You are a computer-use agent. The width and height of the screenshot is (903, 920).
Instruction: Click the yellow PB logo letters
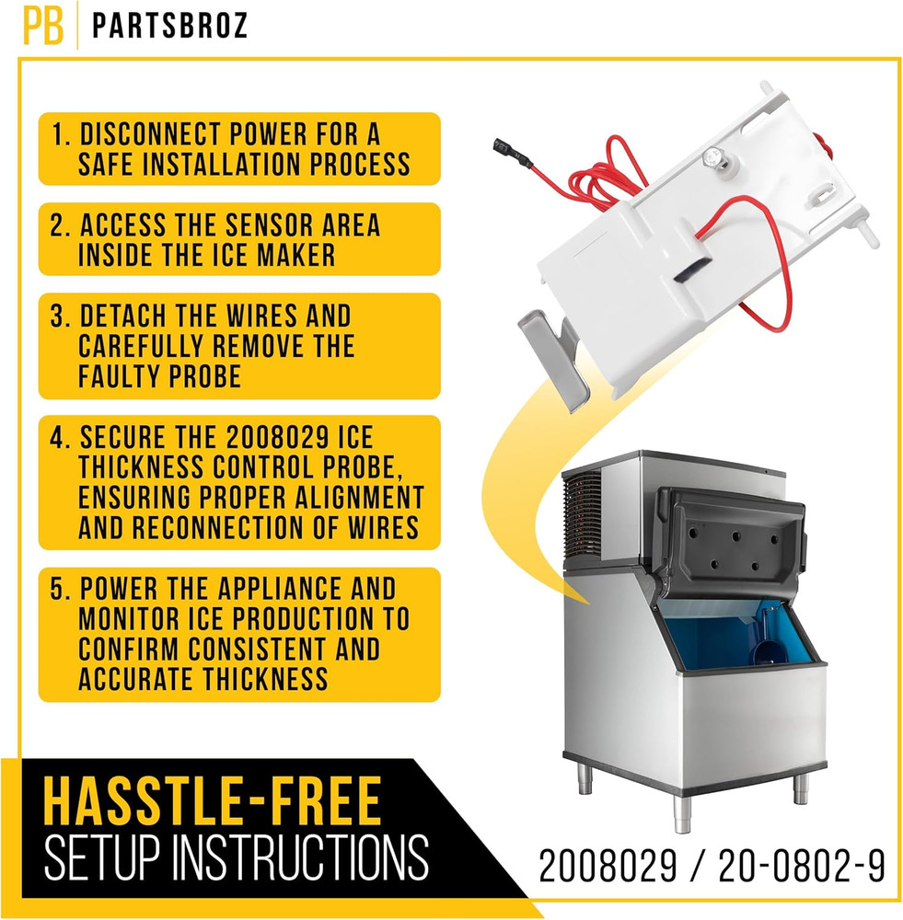point(43,27)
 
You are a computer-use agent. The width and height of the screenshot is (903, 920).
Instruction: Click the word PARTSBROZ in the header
point(170,27)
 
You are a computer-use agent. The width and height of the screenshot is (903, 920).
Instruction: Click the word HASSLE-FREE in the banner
point(212,801)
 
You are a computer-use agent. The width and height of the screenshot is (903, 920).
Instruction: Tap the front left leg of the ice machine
point(681,811)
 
